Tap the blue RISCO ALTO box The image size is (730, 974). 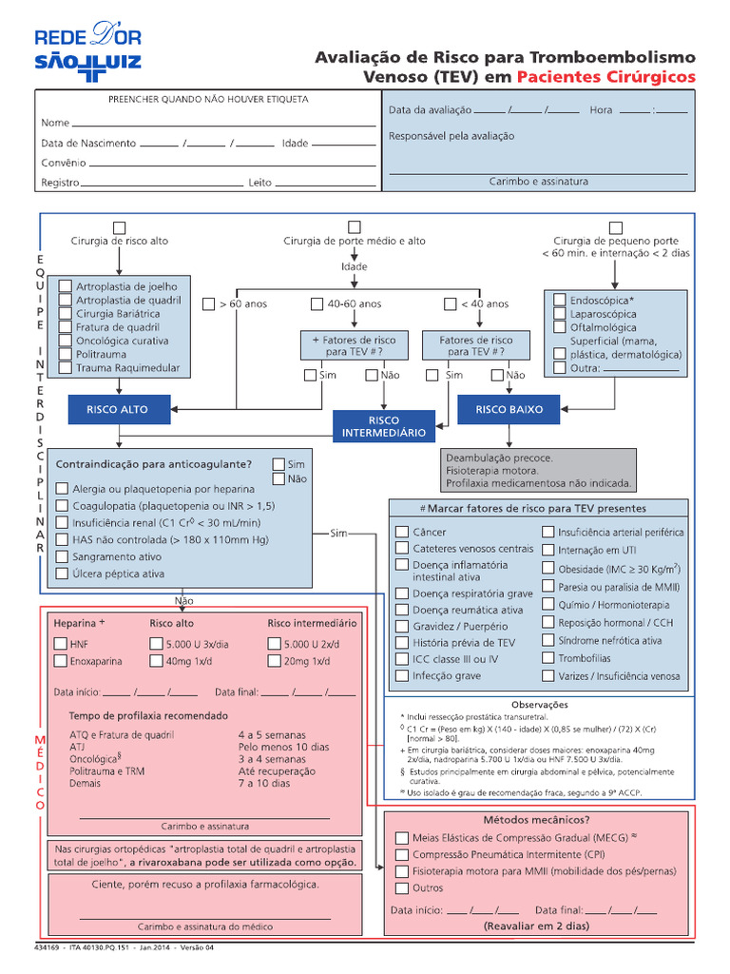117,409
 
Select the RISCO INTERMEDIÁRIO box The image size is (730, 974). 384,426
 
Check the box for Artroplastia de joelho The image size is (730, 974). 65,285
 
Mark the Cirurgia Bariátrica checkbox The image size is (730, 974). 65,313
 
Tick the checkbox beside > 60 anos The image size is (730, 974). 209,304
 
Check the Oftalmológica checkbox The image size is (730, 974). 559,326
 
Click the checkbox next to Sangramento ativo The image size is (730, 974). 63,556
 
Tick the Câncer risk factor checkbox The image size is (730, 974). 402,532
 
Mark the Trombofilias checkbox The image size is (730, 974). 547,658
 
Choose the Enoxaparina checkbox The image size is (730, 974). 61,661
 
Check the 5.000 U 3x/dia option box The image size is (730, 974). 156,644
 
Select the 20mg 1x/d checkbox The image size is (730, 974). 275,661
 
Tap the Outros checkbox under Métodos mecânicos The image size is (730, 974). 401,887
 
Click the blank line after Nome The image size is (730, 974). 223,124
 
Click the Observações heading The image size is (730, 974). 538,705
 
